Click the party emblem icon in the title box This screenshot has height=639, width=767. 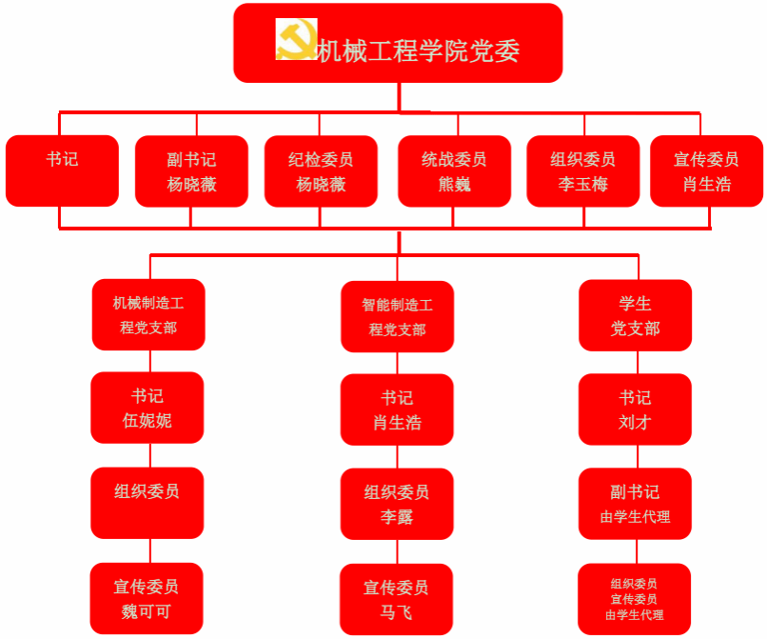tap(295, 40)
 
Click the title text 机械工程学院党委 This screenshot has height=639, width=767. tap(418, 50)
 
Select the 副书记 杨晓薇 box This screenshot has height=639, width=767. tap(191, 171)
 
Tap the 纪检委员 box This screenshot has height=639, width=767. tap(321, 171)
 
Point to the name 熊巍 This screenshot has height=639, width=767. tap(454, 185)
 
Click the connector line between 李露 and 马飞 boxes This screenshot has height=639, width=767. tap(397, 552)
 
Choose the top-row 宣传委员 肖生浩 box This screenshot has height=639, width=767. tap(706, 171)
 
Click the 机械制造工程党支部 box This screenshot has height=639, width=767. tap(148, 314)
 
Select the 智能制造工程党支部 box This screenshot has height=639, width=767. tap(397, 316)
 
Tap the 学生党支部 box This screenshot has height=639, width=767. tap(635, 315)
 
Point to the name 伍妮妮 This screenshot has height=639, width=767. tap(147, 420)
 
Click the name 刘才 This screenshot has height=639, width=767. tap(635, 422)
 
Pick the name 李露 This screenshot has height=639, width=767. tap(397, 517)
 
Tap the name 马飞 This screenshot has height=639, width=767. tap(397, 612)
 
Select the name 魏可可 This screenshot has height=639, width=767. tap(147, 611)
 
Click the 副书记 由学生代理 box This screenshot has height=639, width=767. tap(635, 504)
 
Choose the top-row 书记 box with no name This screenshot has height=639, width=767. tap(62, 171)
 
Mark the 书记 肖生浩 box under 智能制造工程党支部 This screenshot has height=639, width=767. tap(397, 409)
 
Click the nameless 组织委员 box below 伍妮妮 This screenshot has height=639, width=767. tap(147, 503)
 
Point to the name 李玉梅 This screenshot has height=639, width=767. tap(582, 185)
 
